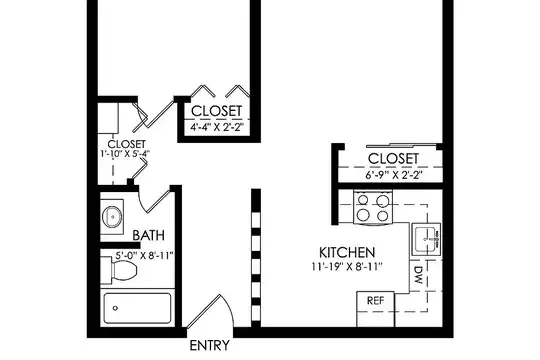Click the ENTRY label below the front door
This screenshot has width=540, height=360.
tap(209, 345)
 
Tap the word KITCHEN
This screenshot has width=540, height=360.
tap(347, 253)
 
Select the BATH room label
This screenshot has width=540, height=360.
tap(148, 235)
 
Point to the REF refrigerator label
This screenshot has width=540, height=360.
tap(375, 300)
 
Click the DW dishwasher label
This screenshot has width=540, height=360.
tap(418, 275)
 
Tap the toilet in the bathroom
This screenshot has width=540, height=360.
tap(120, 270)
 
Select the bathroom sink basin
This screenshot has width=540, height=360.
tap(112, 217)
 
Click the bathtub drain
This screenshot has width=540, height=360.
tap(115, 308)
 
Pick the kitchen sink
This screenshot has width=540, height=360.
tap(426, 239)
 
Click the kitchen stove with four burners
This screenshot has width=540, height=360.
tap(373, 208)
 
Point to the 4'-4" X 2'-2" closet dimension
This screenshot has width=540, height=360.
tap(217, 127)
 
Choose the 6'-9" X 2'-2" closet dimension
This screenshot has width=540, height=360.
tap(394, 175)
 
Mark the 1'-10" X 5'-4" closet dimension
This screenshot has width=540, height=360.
tap(125, 154)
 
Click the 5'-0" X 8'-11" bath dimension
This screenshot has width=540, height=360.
tap(144, 256)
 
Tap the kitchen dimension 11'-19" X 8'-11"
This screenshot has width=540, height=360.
tap(347, 267)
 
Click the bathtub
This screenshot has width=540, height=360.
tap(137, 308)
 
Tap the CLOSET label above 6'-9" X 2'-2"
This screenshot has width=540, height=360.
tap(393, 158)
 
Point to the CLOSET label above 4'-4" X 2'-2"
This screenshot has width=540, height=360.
tap(217, 111)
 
